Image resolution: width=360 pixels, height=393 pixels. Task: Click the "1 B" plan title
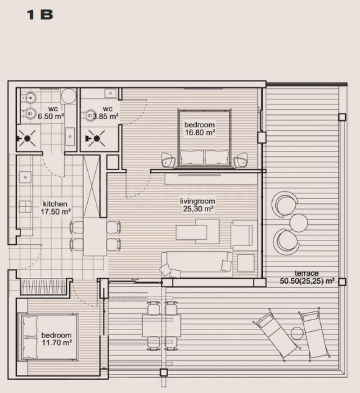[40, 14]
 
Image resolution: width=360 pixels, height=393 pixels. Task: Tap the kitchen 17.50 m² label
[55, 207]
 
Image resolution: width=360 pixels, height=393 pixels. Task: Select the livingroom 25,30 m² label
[198, 205]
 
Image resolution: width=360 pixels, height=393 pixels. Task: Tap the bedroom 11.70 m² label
[56, 339]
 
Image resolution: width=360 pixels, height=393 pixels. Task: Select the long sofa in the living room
[197, 262]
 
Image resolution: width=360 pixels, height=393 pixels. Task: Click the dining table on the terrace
[162, 326]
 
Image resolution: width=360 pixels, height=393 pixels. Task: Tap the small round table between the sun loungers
[297, 333]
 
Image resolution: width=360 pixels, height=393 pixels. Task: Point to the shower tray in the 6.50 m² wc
[28, 137]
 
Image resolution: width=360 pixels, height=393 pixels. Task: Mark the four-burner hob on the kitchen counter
[24, 206]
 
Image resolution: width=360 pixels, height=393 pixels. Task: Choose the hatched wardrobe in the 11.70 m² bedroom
[44, 286]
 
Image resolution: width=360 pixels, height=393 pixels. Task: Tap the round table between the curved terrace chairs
[298, 222]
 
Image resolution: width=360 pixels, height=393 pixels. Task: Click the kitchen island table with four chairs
[95, 236]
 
